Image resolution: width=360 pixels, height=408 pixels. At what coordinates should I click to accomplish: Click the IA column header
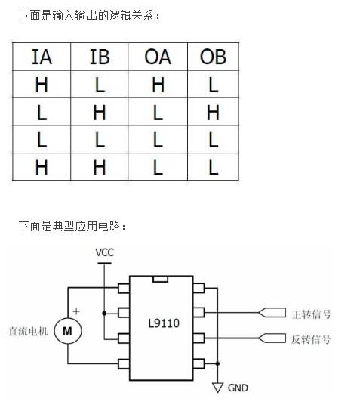[42, 57]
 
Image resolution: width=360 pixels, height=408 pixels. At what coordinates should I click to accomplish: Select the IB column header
[100, 57]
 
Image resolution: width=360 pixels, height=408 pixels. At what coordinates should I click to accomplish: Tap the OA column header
[158, 57]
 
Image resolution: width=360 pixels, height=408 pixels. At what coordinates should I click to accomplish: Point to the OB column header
[213, 57]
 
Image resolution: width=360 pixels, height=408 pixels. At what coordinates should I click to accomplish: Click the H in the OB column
[213, 113]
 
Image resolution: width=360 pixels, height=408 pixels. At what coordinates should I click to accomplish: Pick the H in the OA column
[158, 85]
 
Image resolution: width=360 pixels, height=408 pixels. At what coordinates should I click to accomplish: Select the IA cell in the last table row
[42, 167]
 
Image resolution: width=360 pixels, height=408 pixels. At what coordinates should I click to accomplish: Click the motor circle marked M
[68, 331]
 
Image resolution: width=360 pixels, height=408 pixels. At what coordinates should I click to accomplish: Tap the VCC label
[104, 252]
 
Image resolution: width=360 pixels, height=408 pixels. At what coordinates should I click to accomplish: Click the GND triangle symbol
[217, 388]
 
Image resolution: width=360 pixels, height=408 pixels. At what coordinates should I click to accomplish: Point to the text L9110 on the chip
[164, 323]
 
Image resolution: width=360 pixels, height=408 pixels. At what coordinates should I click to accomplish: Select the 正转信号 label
[312, 314]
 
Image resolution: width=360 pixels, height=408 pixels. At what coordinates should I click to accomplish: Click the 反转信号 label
[311, 339]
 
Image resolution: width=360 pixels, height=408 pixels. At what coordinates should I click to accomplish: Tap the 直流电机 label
[28, 331]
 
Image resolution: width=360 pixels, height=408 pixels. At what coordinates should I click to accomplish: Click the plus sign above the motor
[76, 311]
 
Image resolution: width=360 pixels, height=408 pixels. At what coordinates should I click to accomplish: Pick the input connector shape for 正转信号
[272, 313]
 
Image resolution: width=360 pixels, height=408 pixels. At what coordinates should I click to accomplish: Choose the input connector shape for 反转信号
[272, 338]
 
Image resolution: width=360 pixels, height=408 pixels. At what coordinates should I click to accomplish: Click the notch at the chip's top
[160, 279]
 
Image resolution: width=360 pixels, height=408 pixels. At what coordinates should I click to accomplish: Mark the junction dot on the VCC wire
[104, 314]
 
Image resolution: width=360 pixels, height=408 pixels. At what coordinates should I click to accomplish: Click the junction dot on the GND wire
[217, 363]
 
